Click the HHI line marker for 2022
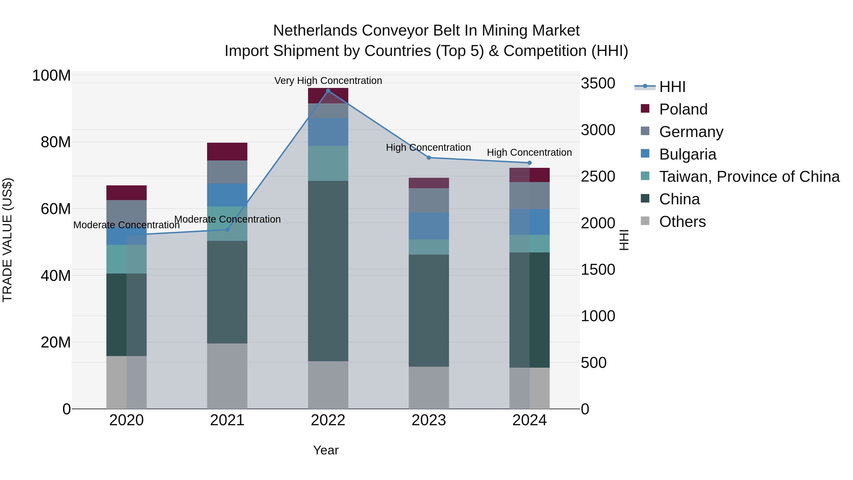click(x=328, y=91)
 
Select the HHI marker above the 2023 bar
click(x=428, y=158)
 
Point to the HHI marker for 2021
click(x=227, y=229)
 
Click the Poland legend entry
click(x=683, y=109)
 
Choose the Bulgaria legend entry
click(x=687, y=154)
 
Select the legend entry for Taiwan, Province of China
click(x=749, y=177)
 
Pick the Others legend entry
click(x=682, y=222)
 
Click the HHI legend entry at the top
click(x=672, y=87)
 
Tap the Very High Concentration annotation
click(x=328, y=81)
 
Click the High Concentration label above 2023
click(x=428, y=147)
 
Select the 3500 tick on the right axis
click(x=598, y=83)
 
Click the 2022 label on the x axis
click(x=328, y=420)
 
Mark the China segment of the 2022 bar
click(x=328, y=271)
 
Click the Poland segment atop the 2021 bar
click(x=227, y=152)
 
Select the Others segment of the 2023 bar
click(x=428, y=388)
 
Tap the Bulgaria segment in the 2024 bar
click(x=529, y=222)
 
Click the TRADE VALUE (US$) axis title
click(x=7, y=240)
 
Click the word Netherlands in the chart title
click(x=315, y=31)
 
